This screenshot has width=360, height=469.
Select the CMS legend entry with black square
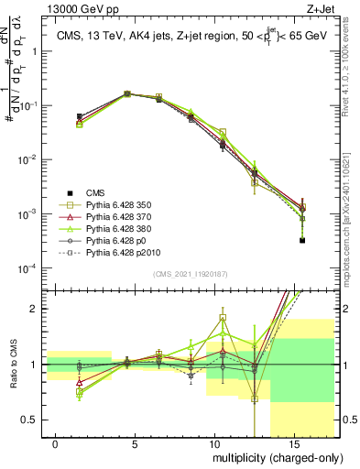pyautogui.click(x=95, y=192)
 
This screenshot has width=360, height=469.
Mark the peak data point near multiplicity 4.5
pyautogui.click(x=127, y=93)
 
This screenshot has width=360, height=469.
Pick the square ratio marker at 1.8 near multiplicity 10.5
pyautogui.click(x=223, y=319)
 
